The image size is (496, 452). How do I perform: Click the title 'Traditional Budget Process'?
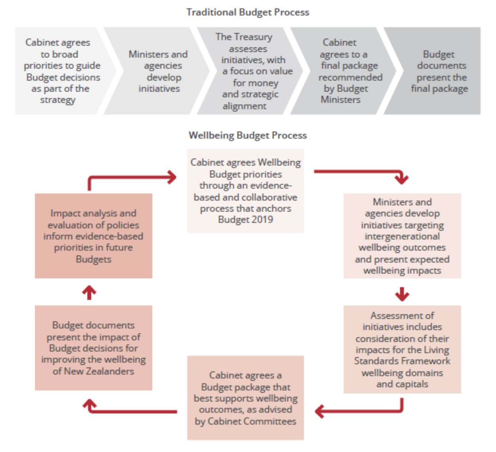[x=248, y=12]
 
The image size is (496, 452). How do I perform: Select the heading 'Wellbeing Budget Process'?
[x=248, y=135]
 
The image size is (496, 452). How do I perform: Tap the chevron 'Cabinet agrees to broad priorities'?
[x=60, y=71]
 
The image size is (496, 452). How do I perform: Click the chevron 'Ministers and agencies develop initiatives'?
[x=158, y=71]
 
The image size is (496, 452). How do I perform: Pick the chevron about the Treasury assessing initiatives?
[x=250, y=71]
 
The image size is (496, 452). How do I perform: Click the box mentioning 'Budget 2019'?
[x=245, y=191]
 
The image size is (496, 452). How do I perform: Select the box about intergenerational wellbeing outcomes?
[x=402, y=236]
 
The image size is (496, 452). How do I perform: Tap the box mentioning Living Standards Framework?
[x=402, y=350]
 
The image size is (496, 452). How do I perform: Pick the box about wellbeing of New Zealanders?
[x=93, y=348]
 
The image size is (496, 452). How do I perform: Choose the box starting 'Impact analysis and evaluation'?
[x=93, y=236]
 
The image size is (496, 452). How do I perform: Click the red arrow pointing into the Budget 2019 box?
[x=131, y=178]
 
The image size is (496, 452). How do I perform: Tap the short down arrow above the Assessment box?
[x=402, y=294]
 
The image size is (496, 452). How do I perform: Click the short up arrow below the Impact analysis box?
[x=89, y=293]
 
